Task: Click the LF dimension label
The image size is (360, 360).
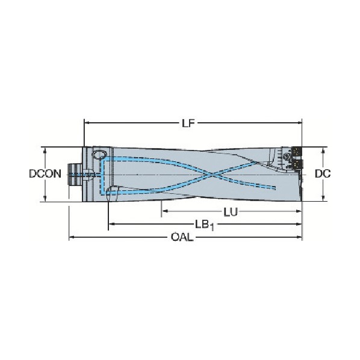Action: pos(188,123)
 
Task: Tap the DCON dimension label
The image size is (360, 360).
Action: pos(45,174)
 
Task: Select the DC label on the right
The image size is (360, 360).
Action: pos(323,174)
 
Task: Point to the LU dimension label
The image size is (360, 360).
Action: pos(231,213)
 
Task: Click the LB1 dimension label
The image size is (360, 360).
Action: pos(205,225)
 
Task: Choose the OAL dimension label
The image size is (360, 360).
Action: pos(182,237)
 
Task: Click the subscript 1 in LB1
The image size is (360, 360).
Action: pos(212,228)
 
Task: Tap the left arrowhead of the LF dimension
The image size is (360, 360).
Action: pos(87,123)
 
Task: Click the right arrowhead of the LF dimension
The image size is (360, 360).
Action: pos(299,123)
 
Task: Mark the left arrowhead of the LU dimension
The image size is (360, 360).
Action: pos(165,211)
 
